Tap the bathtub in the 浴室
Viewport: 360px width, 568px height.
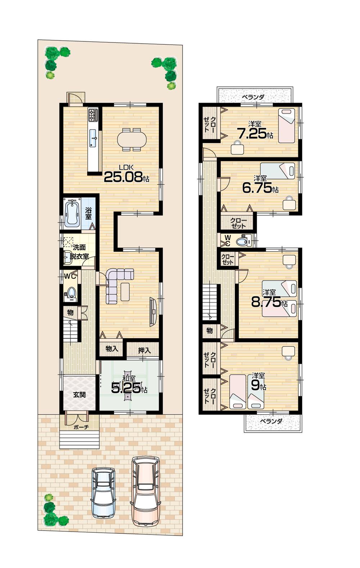click(x=72, y=213)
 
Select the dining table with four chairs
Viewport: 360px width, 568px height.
click(x=132, y=139)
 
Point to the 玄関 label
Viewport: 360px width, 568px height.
click(x=80, y=394)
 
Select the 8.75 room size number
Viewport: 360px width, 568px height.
click(x=266, y=301)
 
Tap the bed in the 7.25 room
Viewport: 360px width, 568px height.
click(x=287, y=125)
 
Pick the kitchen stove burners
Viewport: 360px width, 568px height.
click(x=93, y=115)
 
